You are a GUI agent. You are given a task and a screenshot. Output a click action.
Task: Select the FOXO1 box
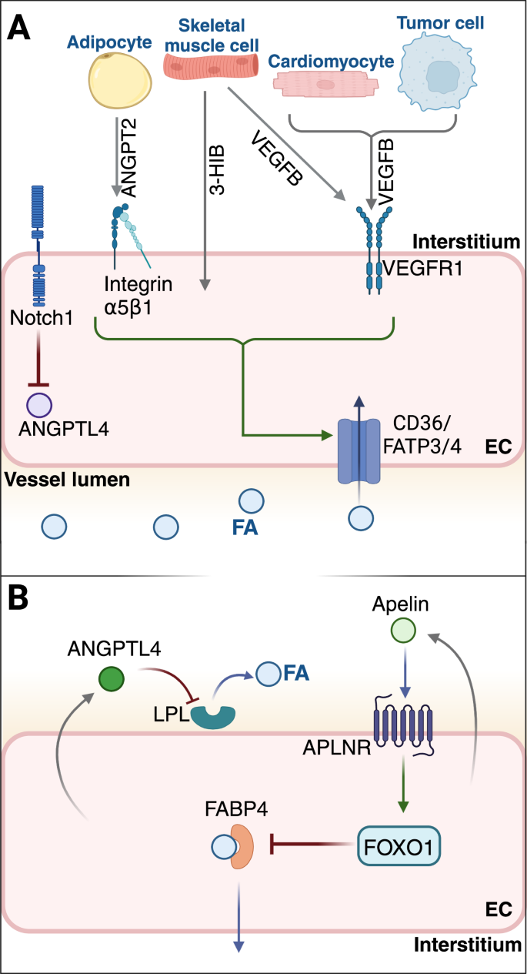point(399,845)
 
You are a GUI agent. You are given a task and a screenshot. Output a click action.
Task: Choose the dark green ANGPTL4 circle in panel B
point(112,679)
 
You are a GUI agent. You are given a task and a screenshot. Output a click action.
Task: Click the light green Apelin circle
point(403,631)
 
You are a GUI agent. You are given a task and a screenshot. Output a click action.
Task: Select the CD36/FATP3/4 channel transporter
point(359,451)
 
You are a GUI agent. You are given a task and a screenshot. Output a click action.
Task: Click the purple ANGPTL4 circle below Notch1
point(39,405)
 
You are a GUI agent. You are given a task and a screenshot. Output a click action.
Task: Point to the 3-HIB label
point(217,169)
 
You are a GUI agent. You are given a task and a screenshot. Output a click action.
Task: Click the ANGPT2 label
point(128,158)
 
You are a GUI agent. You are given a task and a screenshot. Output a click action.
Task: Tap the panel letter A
point(18,27)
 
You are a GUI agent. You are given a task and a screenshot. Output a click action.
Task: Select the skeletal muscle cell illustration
point(211,68)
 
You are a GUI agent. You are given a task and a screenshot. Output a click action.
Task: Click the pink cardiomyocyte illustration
point(325,85)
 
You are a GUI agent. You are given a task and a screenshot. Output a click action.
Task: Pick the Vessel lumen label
point(67,480)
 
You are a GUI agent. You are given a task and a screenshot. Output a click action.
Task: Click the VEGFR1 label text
point(422,268)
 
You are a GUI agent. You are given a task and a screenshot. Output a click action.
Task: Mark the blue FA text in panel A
point(245,527)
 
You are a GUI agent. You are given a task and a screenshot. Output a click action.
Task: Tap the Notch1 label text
point(42,318)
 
